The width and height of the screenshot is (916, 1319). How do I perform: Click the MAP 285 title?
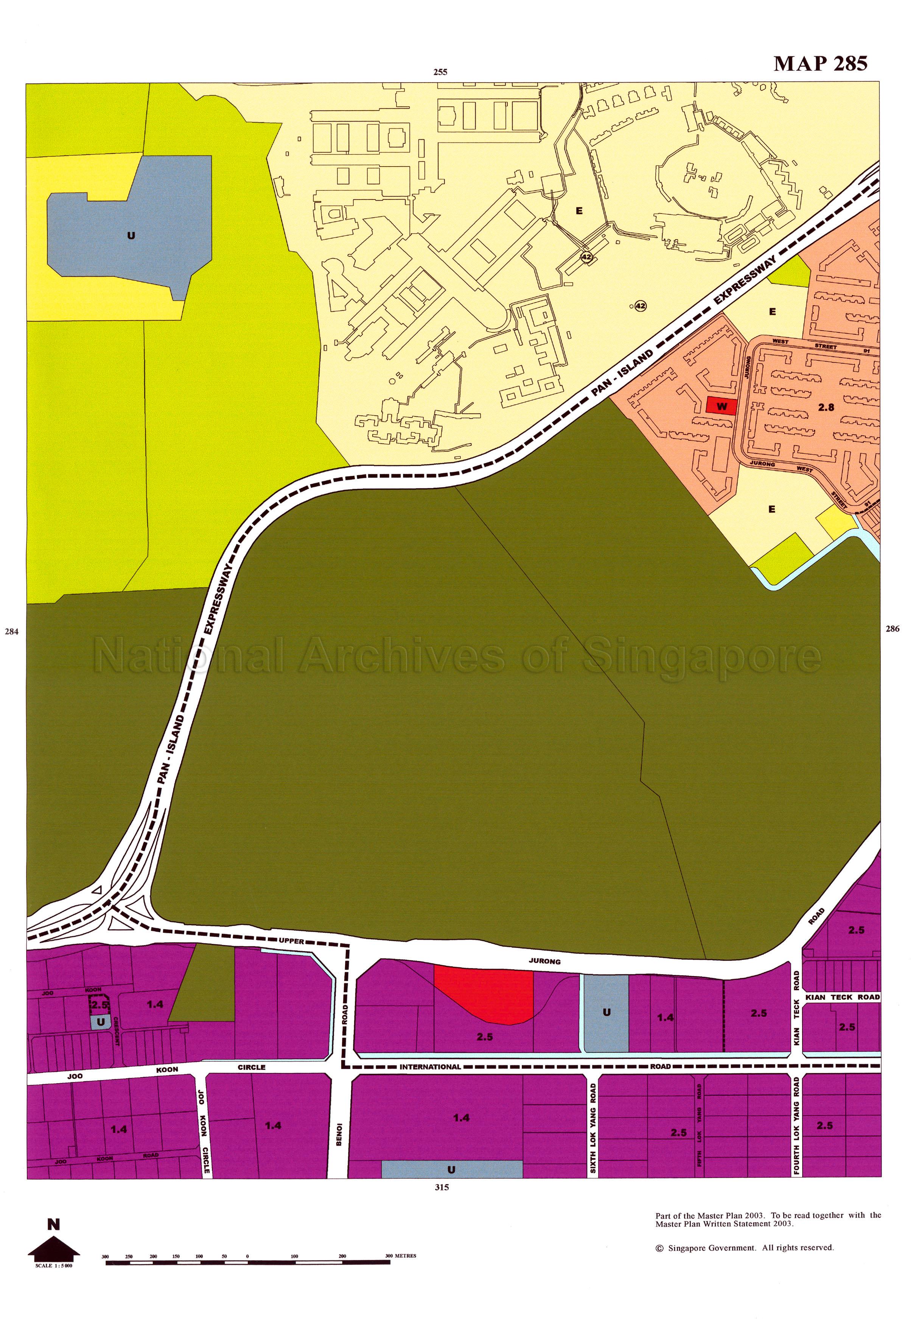(x=820, y=63)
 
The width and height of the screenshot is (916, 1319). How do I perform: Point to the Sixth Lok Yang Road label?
(x=593, y=1112)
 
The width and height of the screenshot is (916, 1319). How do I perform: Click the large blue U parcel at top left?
(x=131, y=235)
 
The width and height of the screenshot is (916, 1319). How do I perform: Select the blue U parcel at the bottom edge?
(x=452, y=1152)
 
